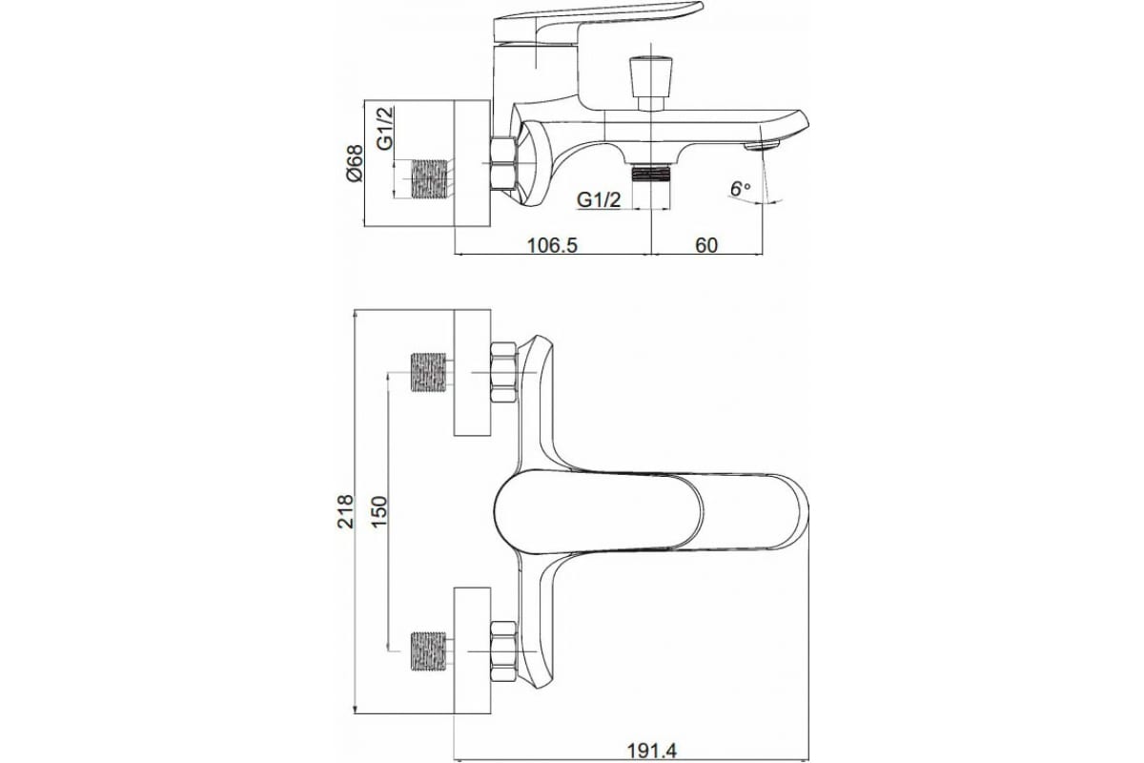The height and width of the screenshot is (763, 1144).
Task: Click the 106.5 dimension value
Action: click(552, 245)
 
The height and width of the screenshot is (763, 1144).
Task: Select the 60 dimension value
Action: click(706, 245)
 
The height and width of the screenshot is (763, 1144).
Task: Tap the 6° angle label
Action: click(740, 189)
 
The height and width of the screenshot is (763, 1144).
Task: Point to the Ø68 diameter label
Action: click(354, 163)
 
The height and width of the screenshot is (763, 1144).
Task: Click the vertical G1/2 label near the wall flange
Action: click(385, 128)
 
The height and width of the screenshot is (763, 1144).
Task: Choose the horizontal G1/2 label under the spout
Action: click(599, 200)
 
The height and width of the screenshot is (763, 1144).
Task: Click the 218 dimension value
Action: click(346, 511)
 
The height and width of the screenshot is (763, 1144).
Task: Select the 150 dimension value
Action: click(379, 512)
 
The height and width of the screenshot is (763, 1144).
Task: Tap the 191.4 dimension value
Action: click(651, 751)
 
